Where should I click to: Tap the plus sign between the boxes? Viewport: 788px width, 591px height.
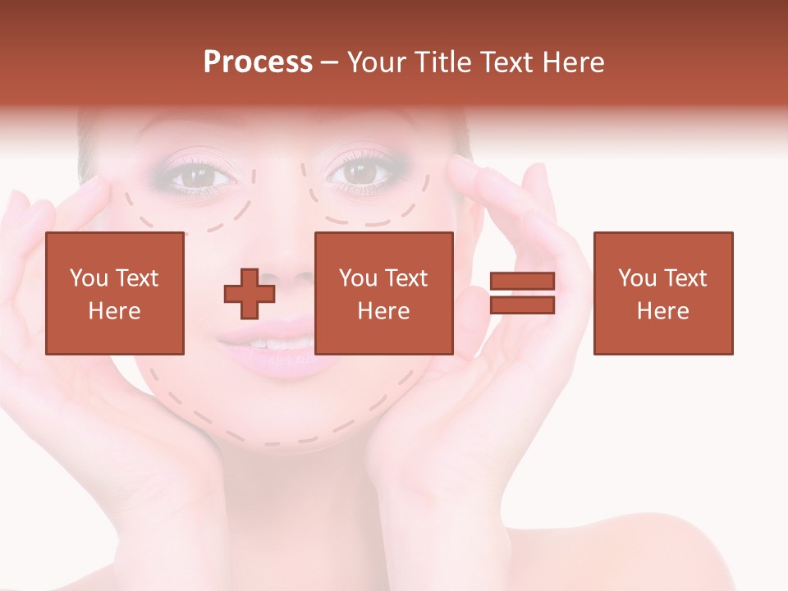[x=250, y=293]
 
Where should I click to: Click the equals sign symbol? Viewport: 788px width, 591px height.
[x=522, y=293]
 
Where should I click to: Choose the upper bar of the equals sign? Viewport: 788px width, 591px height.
[x=522, y=282]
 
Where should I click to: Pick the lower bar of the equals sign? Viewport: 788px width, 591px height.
[x=522, y=305]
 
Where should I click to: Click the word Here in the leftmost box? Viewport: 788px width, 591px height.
[x=114, y=311]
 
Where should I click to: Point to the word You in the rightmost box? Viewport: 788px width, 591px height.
[x=637, y=279]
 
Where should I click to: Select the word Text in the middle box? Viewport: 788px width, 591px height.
[x=407, y=279]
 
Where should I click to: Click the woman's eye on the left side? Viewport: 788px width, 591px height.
[x=194, y=174]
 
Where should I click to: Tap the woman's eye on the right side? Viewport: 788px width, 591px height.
[x=359, y=172]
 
